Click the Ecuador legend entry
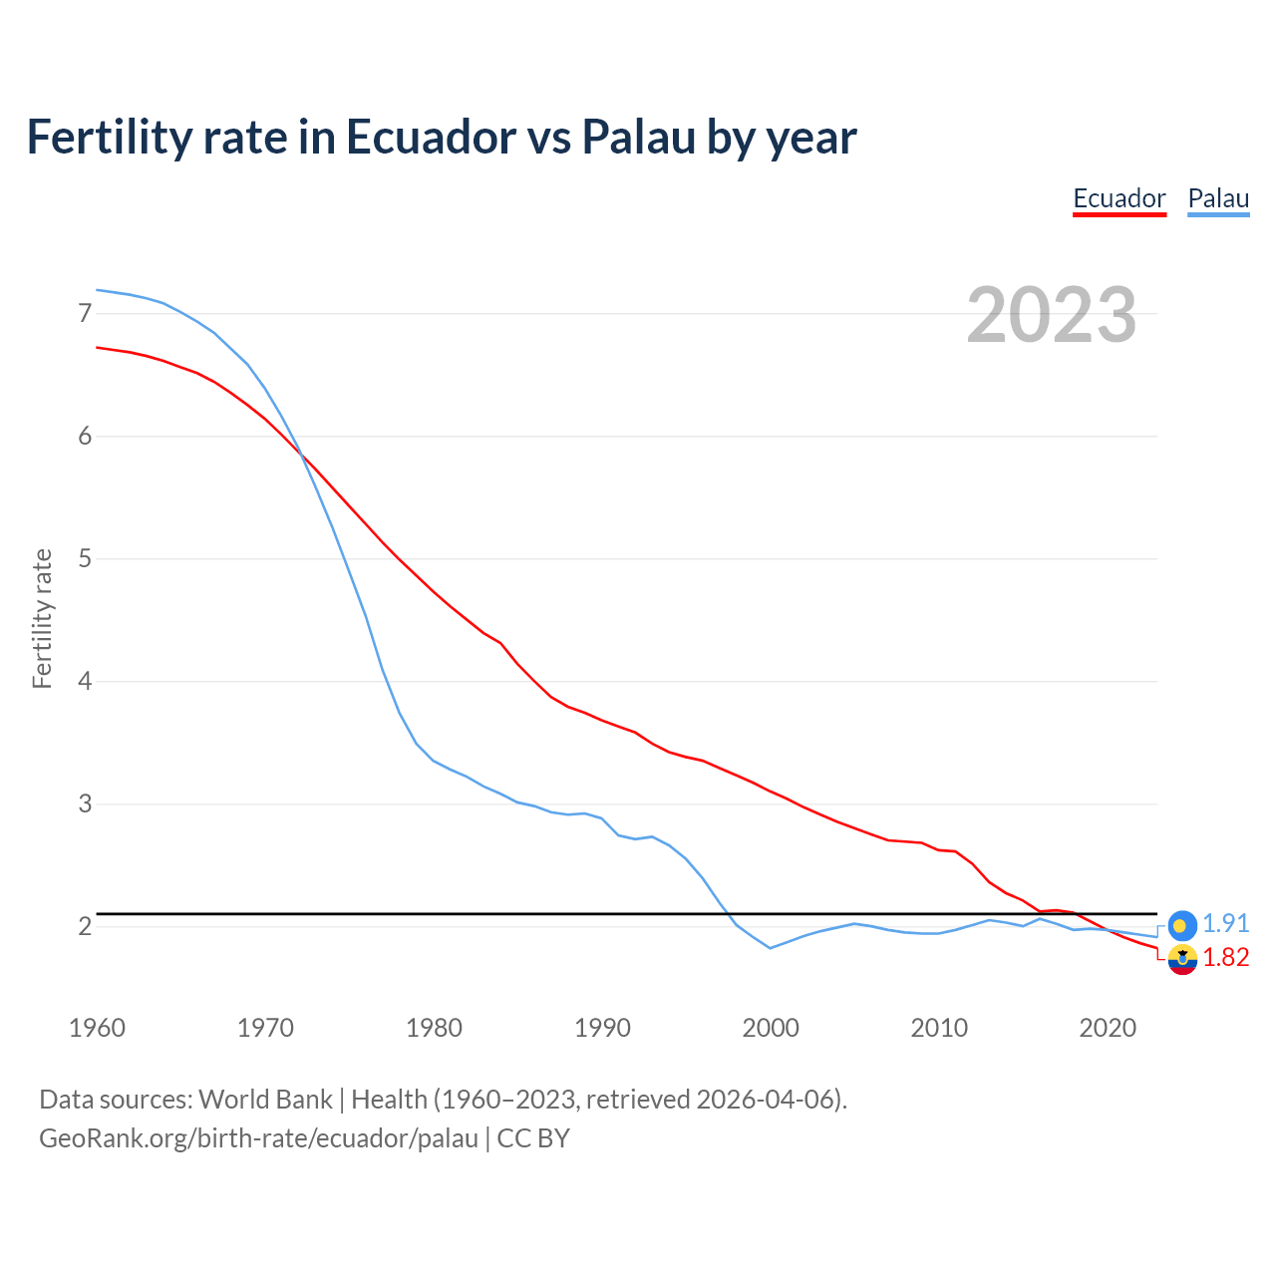click(x=1118, y=198)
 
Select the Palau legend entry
click(x=1218, y=198)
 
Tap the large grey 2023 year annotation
click(x=1052, y=315)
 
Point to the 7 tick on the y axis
click(x=85, y=314)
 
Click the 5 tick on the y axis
click(x=85, y=558)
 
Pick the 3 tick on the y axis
click(x=85, y=803)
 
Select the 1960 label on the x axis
click(x=97, y=1028)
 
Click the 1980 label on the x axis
click(x=434, y=1028)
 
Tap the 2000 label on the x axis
click(x=771, y=1028)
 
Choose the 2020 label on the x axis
click(x=1108, y=1028)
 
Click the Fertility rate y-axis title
click(x=42, y=618)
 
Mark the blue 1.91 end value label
click(x=1226, y=924)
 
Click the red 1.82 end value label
click(x=1226, y=958)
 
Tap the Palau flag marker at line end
click(x=1182, y=925)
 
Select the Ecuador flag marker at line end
click(x=1182, y=960)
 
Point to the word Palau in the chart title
click(x=638, y=138)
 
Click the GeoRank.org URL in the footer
click(x=258, y=1138)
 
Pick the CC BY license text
click(x=533, y=1138)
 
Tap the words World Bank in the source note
click(x=265, y=1100)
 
